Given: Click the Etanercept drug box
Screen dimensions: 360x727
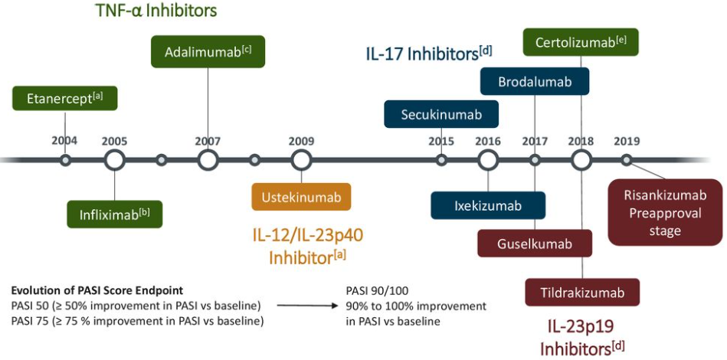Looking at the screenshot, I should coord(64,100).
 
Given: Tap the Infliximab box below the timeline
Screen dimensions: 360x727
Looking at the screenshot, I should coord(115,214).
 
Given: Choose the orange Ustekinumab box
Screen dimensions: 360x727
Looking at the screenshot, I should coord(302,197).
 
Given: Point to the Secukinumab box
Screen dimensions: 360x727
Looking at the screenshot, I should coord(441,115).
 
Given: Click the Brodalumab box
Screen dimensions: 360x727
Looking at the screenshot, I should coord(535,81).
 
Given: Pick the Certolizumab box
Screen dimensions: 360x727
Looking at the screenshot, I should coord(581,41).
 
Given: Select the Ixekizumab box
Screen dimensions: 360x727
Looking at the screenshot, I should coord(488,205).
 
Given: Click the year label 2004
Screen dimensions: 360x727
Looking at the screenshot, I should coord(64,141).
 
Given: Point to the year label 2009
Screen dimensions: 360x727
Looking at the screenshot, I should coord(302,141).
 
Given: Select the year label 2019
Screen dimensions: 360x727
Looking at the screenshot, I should coord(627,141).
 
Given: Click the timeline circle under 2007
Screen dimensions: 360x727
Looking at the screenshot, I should coord(208,160).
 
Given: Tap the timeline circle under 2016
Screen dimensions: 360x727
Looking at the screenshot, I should coord(488,160).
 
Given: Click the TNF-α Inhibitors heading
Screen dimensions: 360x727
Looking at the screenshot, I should coord(156,11).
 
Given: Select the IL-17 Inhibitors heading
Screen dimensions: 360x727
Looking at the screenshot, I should coord(428,54).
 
